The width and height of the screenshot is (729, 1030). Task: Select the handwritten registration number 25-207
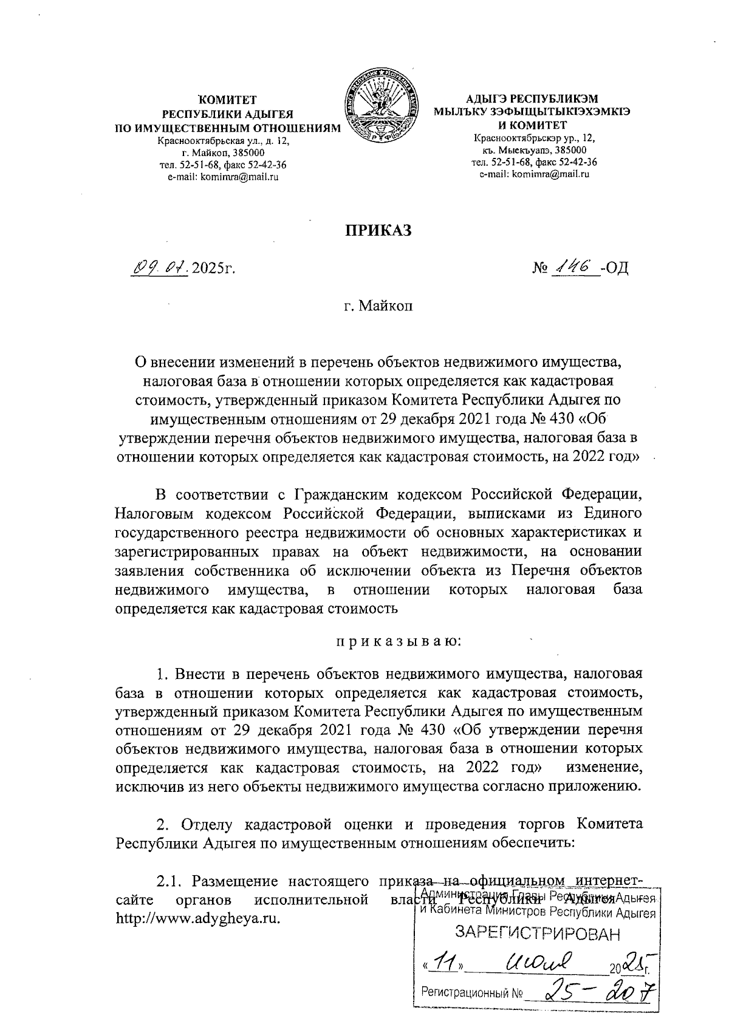coord(592,994)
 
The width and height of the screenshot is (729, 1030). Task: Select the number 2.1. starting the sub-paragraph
coord(170,881)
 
